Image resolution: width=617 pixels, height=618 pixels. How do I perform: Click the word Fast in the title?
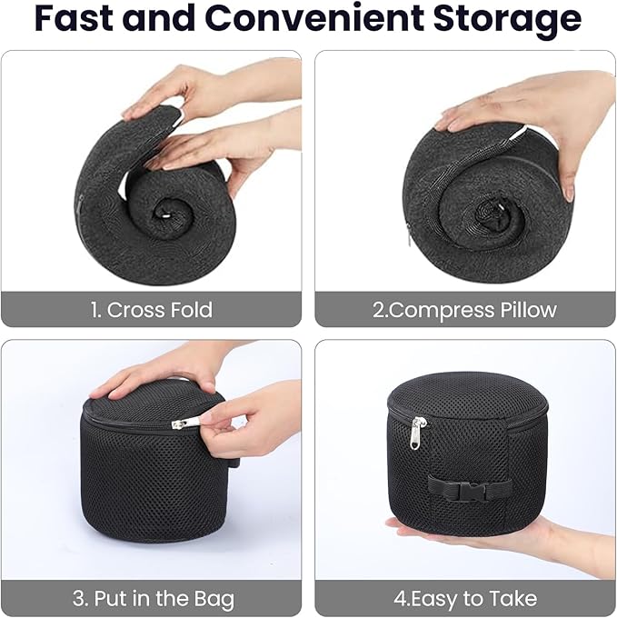76,20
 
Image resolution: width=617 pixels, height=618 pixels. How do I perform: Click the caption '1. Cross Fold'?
151,310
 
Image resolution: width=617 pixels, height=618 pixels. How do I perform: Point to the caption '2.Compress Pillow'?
464,310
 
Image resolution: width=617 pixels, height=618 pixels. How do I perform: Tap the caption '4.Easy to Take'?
464,600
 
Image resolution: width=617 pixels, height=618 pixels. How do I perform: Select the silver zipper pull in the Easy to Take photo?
417,434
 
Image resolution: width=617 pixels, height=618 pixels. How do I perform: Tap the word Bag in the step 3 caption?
212,600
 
